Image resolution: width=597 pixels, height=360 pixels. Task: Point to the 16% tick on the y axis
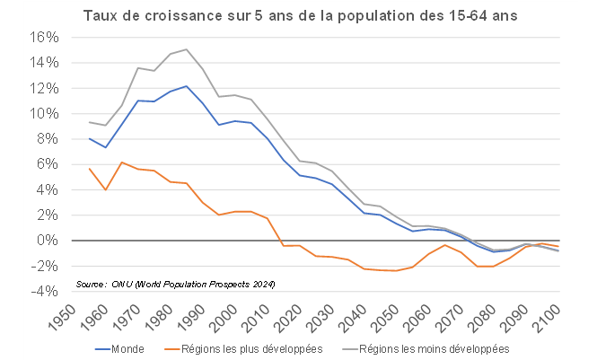(45, 38)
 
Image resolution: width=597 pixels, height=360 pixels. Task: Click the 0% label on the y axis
(48, 241)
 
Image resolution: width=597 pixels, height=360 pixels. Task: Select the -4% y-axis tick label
(46, 291)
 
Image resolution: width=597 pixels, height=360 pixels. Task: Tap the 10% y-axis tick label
(45, 114)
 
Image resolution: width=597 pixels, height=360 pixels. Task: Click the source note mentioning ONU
(175, 284)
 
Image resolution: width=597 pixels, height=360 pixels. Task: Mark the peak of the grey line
(186, 49)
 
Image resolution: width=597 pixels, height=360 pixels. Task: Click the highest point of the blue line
(186, 86)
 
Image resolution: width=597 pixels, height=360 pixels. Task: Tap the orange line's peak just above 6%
(121, 162)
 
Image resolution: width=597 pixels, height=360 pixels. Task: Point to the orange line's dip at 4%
(106, 189)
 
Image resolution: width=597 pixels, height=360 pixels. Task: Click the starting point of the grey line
(90, 122)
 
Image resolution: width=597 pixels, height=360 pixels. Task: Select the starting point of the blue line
(90, 139)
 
